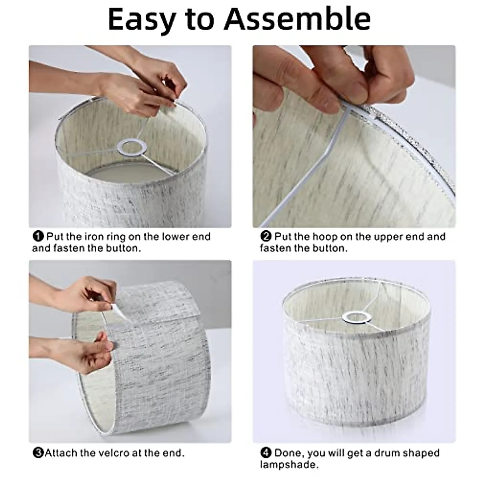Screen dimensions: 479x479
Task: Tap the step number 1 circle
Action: (38, 237)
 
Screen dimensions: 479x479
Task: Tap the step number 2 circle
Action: (266, 237)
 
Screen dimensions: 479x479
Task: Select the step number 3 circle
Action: (38, 453)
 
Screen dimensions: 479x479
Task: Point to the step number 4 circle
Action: (266, 453)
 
